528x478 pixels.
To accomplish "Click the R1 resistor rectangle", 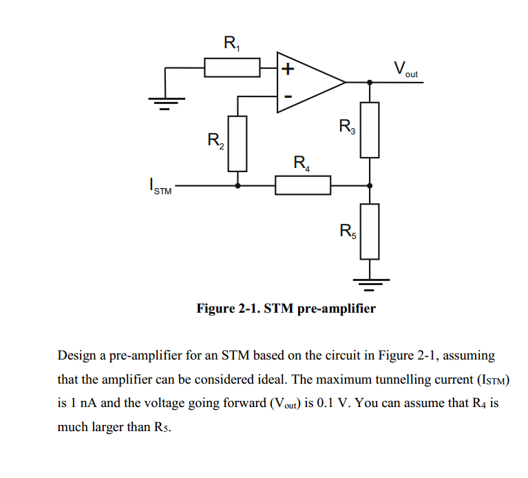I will (x=232, y=67).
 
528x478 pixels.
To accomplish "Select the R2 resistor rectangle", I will (x=237, y=143).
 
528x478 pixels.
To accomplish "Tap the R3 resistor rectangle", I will (x=370, y=129).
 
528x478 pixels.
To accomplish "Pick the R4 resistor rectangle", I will (x=303, y=185).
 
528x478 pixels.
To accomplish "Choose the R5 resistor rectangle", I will (x=370, y=231).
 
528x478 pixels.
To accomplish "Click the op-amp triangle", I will (x=306, y=82).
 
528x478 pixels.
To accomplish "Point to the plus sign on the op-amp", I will (x=287, y=69).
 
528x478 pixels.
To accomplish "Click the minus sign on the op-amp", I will (x=287, y=96).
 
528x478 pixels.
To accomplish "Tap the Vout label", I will (x=405, y=70).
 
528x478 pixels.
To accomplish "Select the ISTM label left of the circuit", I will (x=159, y=187).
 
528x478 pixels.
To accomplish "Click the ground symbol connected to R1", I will (x=163, y=102).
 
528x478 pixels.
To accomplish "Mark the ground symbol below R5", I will (x=370, y=280).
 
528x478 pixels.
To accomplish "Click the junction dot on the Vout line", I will (x=370, y=82).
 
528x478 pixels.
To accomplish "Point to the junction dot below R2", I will (x=237, y=185).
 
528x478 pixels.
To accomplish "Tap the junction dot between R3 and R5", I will (x=370, y=185).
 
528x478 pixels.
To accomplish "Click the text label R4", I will (x=302, y=164).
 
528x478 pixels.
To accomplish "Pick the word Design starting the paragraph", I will (x=77, y=356).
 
